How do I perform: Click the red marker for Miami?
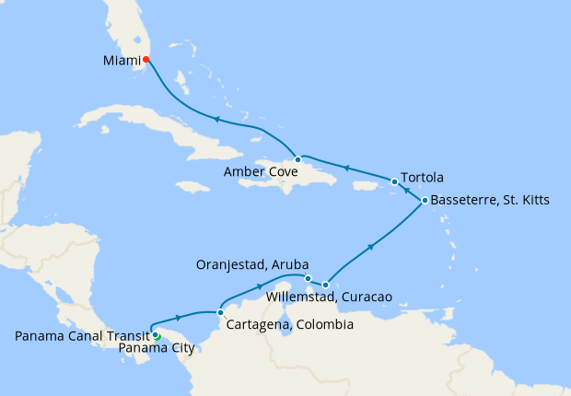coord(146,60)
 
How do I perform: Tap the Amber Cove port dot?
coord(297,159)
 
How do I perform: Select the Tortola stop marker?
coord(394,181)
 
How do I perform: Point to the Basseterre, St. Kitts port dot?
coord(424,200)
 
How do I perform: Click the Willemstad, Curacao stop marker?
coord(325,285)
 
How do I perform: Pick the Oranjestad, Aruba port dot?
coord(308,278)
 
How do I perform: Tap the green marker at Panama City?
coord(157,337)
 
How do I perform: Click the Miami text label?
coord(120,61)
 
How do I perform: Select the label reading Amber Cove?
coord(259,172)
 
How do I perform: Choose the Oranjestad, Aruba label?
coord(252,265)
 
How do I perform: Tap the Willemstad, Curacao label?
coord(329,297)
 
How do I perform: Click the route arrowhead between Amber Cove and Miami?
coord(217,119)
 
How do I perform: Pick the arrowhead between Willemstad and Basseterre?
coord(371,246)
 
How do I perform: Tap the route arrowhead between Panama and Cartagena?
coord(177,318)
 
